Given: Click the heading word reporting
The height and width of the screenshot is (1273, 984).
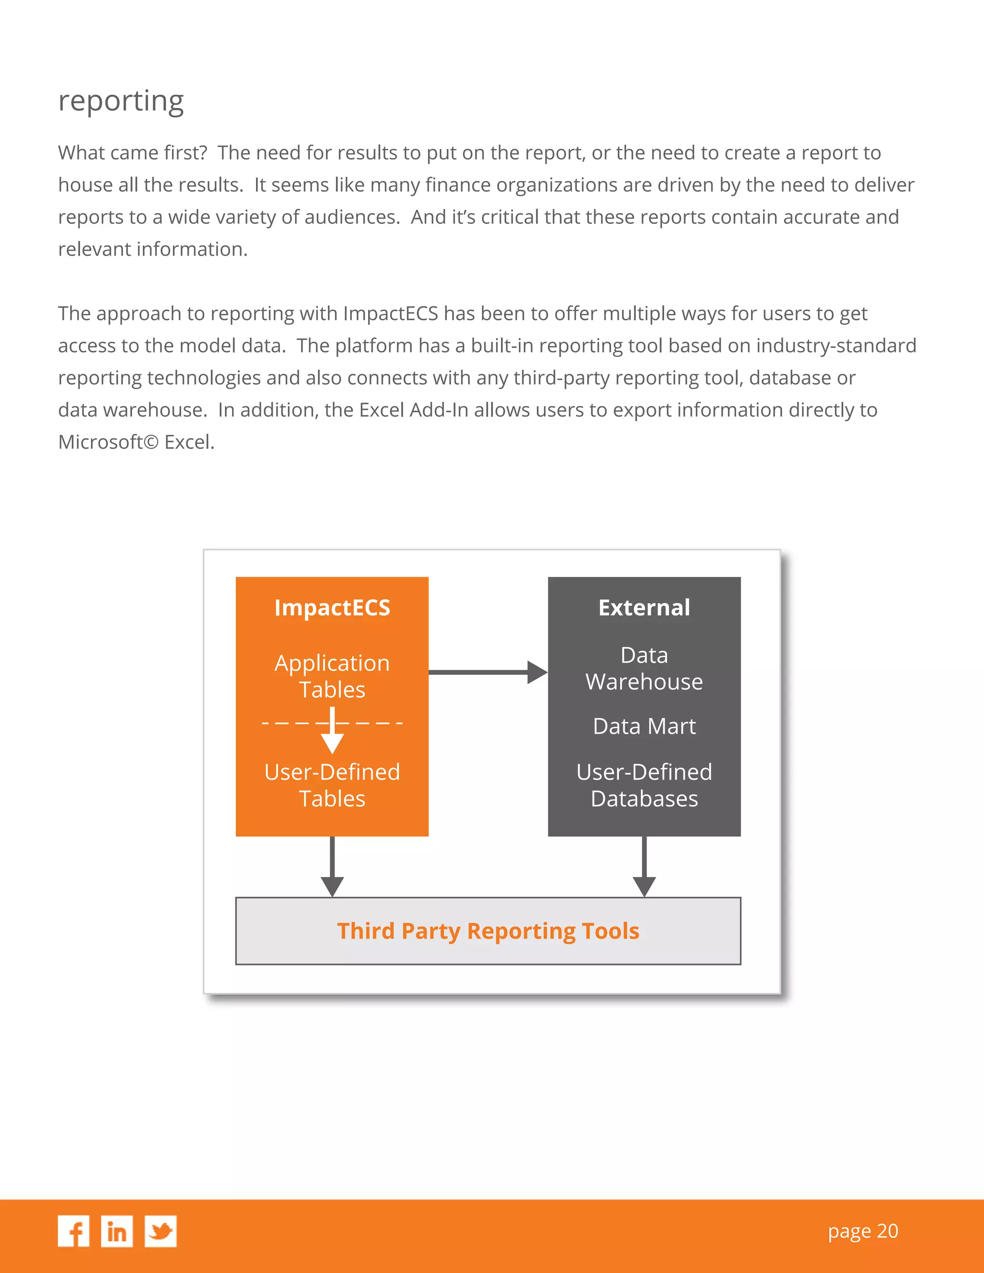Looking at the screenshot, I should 121,101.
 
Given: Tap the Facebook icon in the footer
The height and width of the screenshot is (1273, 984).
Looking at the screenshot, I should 74,1231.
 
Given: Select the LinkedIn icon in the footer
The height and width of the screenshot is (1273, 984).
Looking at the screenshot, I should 117,1231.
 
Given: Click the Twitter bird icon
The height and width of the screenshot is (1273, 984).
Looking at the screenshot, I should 160,1231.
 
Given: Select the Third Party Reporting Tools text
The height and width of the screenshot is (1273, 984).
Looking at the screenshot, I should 488,931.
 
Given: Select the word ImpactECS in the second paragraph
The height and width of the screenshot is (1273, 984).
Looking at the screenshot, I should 390,314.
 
